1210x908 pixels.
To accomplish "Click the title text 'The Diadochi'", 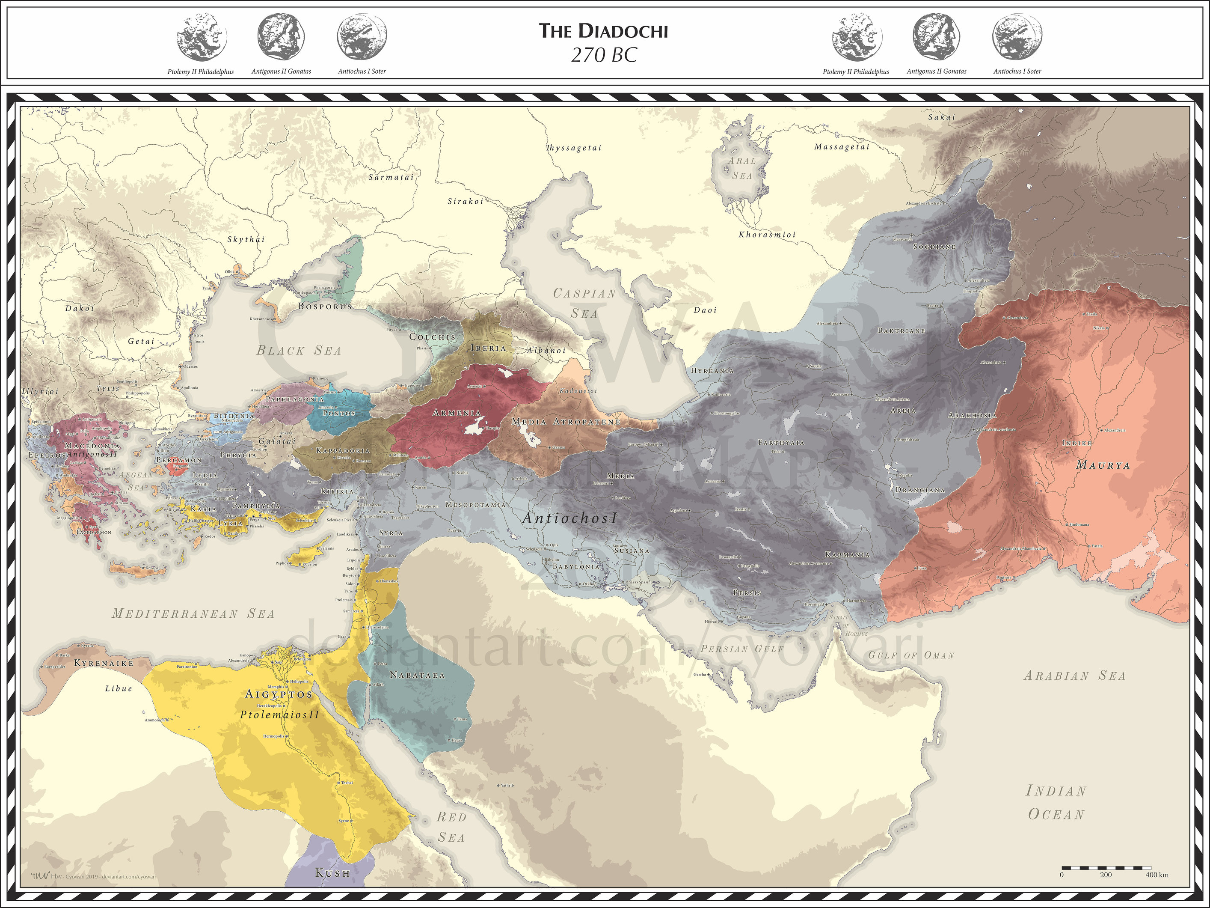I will (x=603, y=31).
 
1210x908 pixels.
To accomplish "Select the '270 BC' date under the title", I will (x=604, y=55).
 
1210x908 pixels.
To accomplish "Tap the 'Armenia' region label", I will (x=456, y=413).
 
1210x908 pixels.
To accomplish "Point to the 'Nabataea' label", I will (x=417, y=676).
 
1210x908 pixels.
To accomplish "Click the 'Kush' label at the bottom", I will (x=332, y=873).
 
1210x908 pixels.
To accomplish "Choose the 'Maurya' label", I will (x=1103, y=465).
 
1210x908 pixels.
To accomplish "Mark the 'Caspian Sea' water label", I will (x=584, y=303).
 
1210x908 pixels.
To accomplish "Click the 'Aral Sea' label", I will (x=742, y=168).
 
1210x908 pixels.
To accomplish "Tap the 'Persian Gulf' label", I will (x=742, y=649).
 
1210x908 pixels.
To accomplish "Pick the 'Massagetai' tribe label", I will (x=841, y=147).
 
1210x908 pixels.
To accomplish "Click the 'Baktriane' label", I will (x=902, y=330).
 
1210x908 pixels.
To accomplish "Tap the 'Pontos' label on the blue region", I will (x=338, y=413).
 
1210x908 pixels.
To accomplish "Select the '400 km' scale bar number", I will (x=1157, y=875).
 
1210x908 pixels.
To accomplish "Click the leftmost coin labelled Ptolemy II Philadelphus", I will (x=201, y=37).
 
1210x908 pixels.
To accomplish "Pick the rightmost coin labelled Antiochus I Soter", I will (x=1017, y=37).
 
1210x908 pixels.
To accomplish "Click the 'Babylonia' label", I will (x=576, y=566).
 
